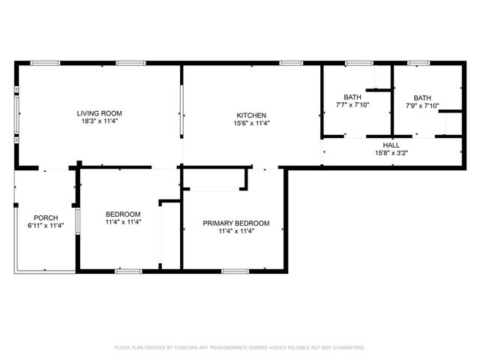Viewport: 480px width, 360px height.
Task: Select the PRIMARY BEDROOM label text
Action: (236, 223)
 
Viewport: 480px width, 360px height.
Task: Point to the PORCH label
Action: (45, 218)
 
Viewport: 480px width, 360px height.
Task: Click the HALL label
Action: (391, 145)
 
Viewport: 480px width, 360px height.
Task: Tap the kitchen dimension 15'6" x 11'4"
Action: (251, 123)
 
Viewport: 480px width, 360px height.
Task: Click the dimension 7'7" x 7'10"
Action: (352, 106)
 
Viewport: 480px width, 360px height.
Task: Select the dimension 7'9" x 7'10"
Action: (422, 106)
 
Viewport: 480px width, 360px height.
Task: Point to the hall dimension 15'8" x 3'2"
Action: (391, 153)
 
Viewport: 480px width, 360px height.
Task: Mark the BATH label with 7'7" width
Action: (352, 97)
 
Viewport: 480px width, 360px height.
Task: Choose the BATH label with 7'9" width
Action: (422, 97)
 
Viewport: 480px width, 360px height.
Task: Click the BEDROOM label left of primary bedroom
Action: (124, 214)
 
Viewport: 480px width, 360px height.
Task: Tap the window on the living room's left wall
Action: (17, 115)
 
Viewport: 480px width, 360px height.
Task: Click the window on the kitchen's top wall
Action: (291, 63)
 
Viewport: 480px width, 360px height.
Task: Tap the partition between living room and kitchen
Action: (180, 112)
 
